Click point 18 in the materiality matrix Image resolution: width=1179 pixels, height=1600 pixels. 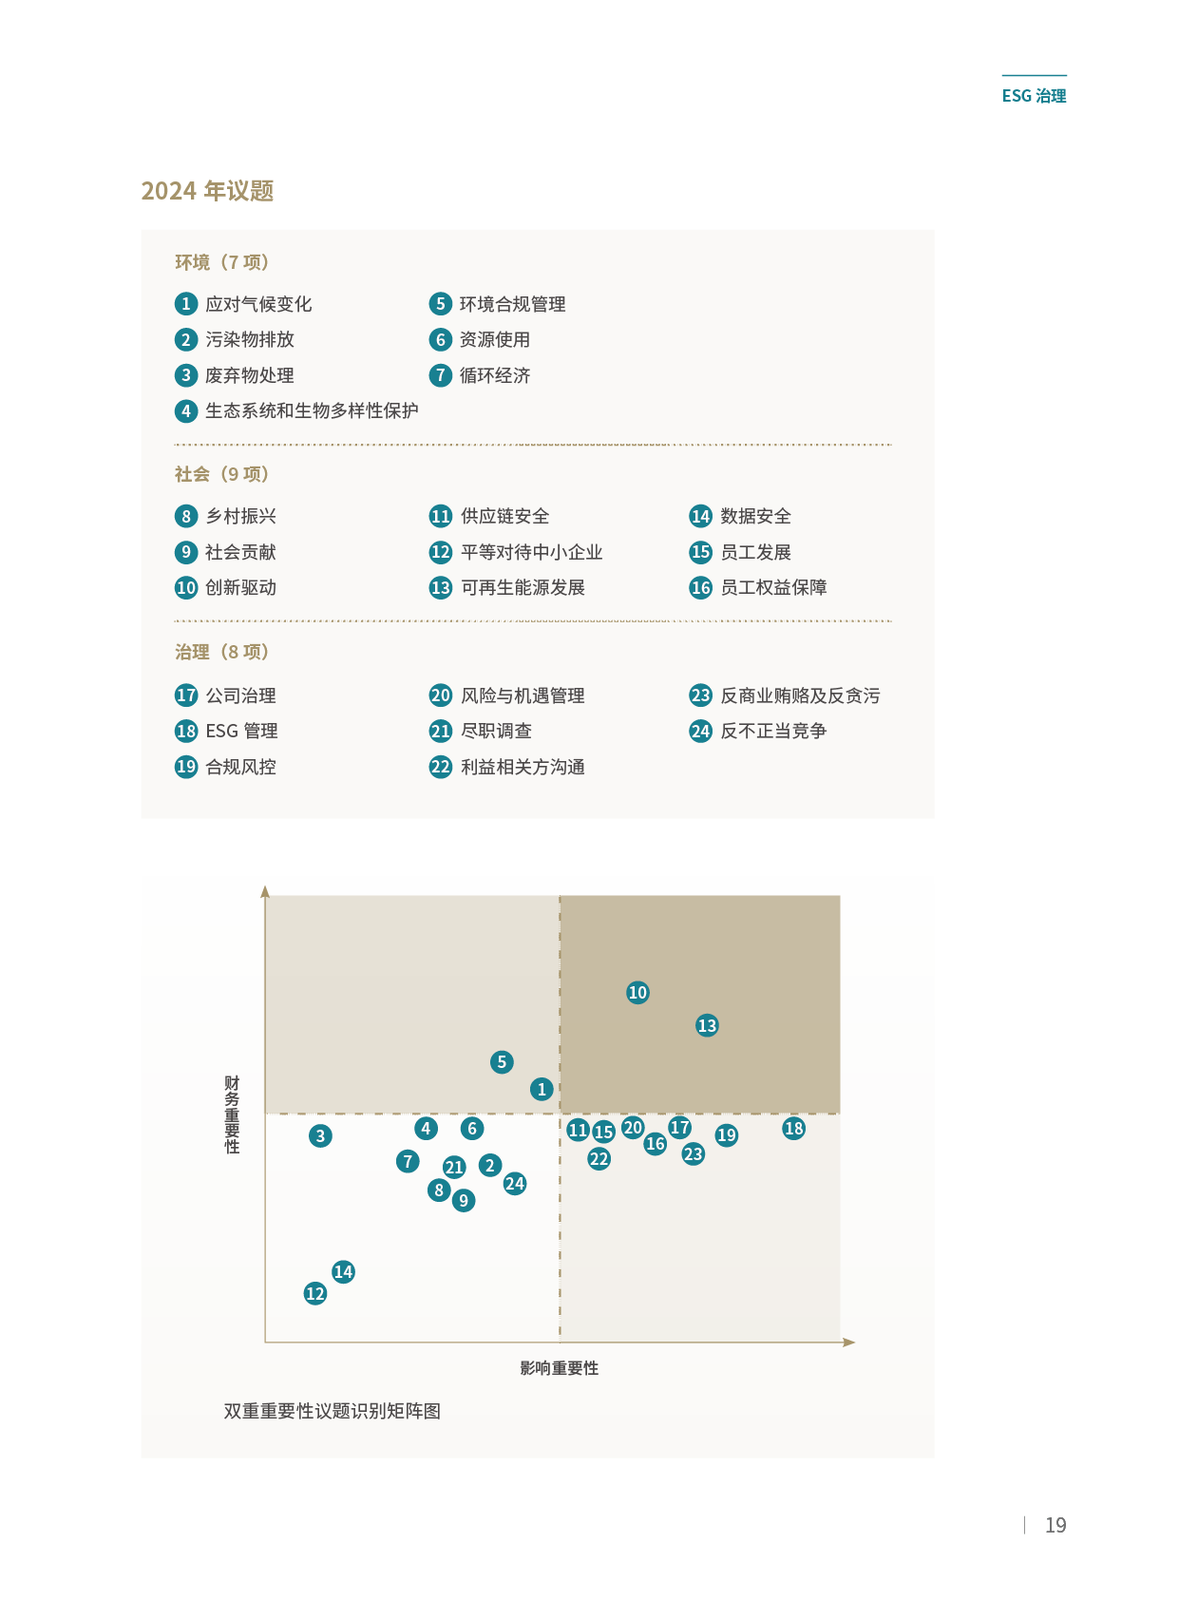pyautogui.click(x=793, y=1128)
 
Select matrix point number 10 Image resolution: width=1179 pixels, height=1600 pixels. pyautogui.click(x=637, y=992)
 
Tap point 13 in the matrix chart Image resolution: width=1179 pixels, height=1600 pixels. pyautogui.click(x=707, y=1025)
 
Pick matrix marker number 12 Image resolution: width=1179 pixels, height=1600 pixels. pyautogui.click(x=315, y=1293)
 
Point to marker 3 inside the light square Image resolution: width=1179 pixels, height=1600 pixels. pyautogui.click(x=320, y=1135)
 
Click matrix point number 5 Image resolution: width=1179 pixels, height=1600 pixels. pyautogui.click(x=502, y=1061)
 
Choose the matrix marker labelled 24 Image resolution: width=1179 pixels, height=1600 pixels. pyautogui.click(x=515, y=1183)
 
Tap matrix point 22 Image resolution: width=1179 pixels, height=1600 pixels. pyautogui.click(x=599, y=1158)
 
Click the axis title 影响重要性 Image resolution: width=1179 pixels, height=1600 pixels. pyautogui.click(x=559, y=1368)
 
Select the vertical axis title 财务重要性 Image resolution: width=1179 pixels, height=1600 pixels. pyautogui.click(x=232, y=1114)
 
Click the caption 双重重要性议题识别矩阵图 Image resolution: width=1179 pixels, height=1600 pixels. pyautogui.click(x=332, y=1411)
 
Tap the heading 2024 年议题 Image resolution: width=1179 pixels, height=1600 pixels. pyautogui.click(x=207, y=191)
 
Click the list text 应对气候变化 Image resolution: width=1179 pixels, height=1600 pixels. pyautogui.click(x=258, y=304)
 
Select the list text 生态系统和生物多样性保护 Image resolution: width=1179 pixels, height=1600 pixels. pyautogui.click(x=312, y=410)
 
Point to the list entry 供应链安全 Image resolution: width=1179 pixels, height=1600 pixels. pyautogui.click(x=504, y=516)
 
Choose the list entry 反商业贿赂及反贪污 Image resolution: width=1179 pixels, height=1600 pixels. pyautogui.click(x=800, y=695)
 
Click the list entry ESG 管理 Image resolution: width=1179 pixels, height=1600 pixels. pyautogui.click(x=241, y=731)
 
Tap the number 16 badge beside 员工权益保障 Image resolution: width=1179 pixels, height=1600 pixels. pyautogui.click(x=700, y=587)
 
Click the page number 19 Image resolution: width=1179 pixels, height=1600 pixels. pyautogui.click(x=1055, y=1525)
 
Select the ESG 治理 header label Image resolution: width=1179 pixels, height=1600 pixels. pyautogui.click(x=1034, y=95)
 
